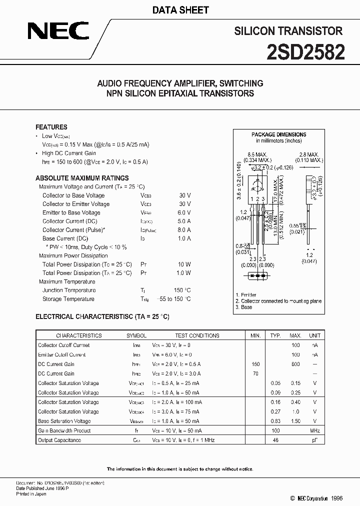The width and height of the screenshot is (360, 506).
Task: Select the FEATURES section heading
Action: (51, 127)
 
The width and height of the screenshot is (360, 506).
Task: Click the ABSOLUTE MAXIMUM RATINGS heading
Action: (82, 178)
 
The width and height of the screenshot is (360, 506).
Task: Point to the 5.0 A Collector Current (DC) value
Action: (184, 221)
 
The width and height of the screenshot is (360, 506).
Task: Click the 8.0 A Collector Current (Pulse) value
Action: (184, 230)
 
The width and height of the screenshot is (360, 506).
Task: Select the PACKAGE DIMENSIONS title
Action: (278, 134)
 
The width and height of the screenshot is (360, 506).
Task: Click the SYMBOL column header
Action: (136, 335)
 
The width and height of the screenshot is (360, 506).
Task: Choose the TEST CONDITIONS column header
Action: (197, 335)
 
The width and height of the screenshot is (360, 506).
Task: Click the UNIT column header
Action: (315, 335)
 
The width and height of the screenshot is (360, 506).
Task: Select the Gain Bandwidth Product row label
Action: (64, 430)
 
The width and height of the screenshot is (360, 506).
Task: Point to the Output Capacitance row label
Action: (59, 440)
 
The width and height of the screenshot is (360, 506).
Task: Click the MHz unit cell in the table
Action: (315, 430)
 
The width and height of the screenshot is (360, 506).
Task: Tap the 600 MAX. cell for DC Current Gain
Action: (295, 364)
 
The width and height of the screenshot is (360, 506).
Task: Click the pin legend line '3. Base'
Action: (244, 307)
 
